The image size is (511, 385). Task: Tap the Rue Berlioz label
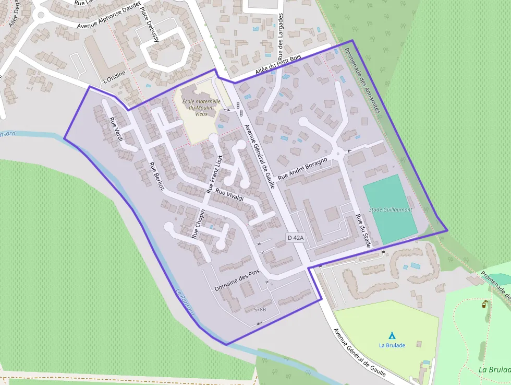tap(156, 177)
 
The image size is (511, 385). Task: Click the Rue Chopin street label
tap(199, 224)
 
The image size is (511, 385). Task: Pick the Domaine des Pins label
tap(237, 281)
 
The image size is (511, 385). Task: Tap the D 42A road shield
tap(295, 238)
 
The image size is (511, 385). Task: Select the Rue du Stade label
tap(363, 229)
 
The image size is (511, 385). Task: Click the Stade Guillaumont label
tap(391, 209)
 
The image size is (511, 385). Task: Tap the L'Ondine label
tap(115, 77)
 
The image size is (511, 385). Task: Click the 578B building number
tap(260, 309)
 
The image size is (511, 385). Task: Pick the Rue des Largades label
tap(281, 36)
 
